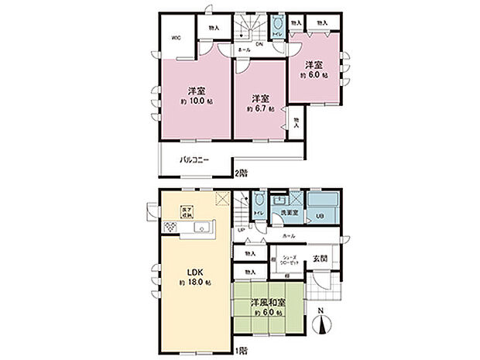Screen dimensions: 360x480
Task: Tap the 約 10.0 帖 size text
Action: (x=197, y=101)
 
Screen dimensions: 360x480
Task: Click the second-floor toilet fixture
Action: (x=278, y=26)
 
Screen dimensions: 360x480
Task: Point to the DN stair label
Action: (x=259, y=43)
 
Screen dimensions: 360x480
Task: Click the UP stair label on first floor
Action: (x=241, y=230)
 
